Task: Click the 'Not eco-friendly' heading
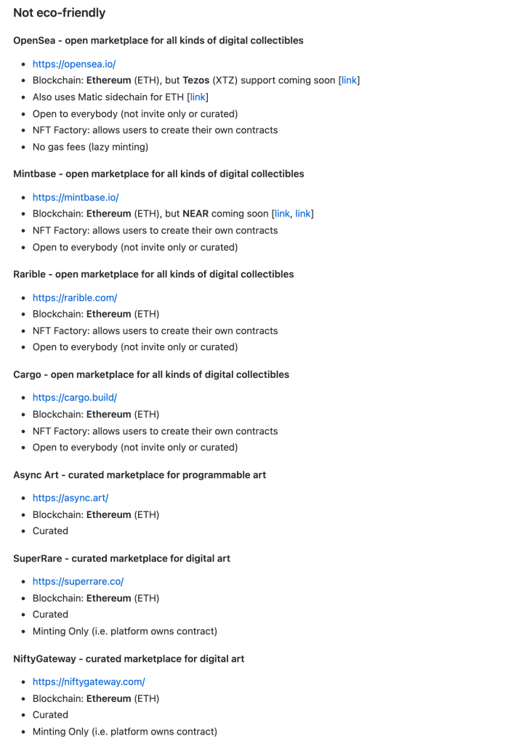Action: point(59,12)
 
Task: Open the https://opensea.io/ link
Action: point(73,64)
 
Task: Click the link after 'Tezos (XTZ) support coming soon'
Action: point(349,80)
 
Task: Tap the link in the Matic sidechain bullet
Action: point(198,97)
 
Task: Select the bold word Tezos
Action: point(195,80)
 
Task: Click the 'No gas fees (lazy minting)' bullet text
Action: point(90,147)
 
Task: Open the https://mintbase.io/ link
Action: point(75,197)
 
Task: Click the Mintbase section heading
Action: point(158,174)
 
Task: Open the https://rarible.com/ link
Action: point(74,297)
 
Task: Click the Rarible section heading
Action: point(153,274)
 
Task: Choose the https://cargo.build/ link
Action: point(74,397)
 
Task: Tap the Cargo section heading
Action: point(151,374)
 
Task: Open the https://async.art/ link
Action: point(70,498)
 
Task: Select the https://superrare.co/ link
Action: point(78,581)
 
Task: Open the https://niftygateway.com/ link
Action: point(89,682)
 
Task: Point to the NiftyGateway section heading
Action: point(129,658)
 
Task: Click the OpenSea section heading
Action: point(158,41)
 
